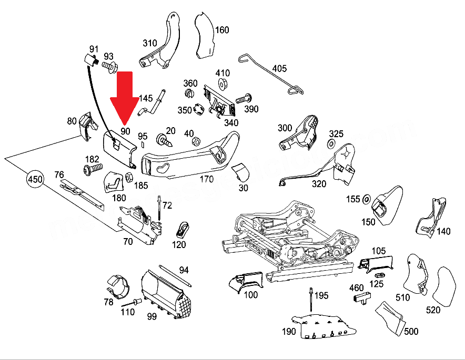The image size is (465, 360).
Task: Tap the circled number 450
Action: click(x=35, y=180)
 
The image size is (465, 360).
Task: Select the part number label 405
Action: click(x=279, y=68)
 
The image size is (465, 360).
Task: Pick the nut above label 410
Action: click(x=222, y=84)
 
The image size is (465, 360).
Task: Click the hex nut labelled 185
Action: click(x=127, y=176)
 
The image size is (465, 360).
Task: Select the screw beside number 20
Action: click(x=165, y=140)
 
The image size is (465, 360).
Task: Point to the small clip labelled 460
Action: click(x=360, y=299)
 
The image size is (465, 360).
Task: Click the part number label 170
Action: click(x=206, y=179)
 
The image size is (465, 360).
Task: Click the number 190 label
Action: click(x=289, y=331)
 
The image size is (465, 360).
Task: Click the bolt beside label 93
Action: click(x=110, y=66)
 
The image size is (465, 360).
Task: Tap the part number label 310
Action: click(x=150, y=43)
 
